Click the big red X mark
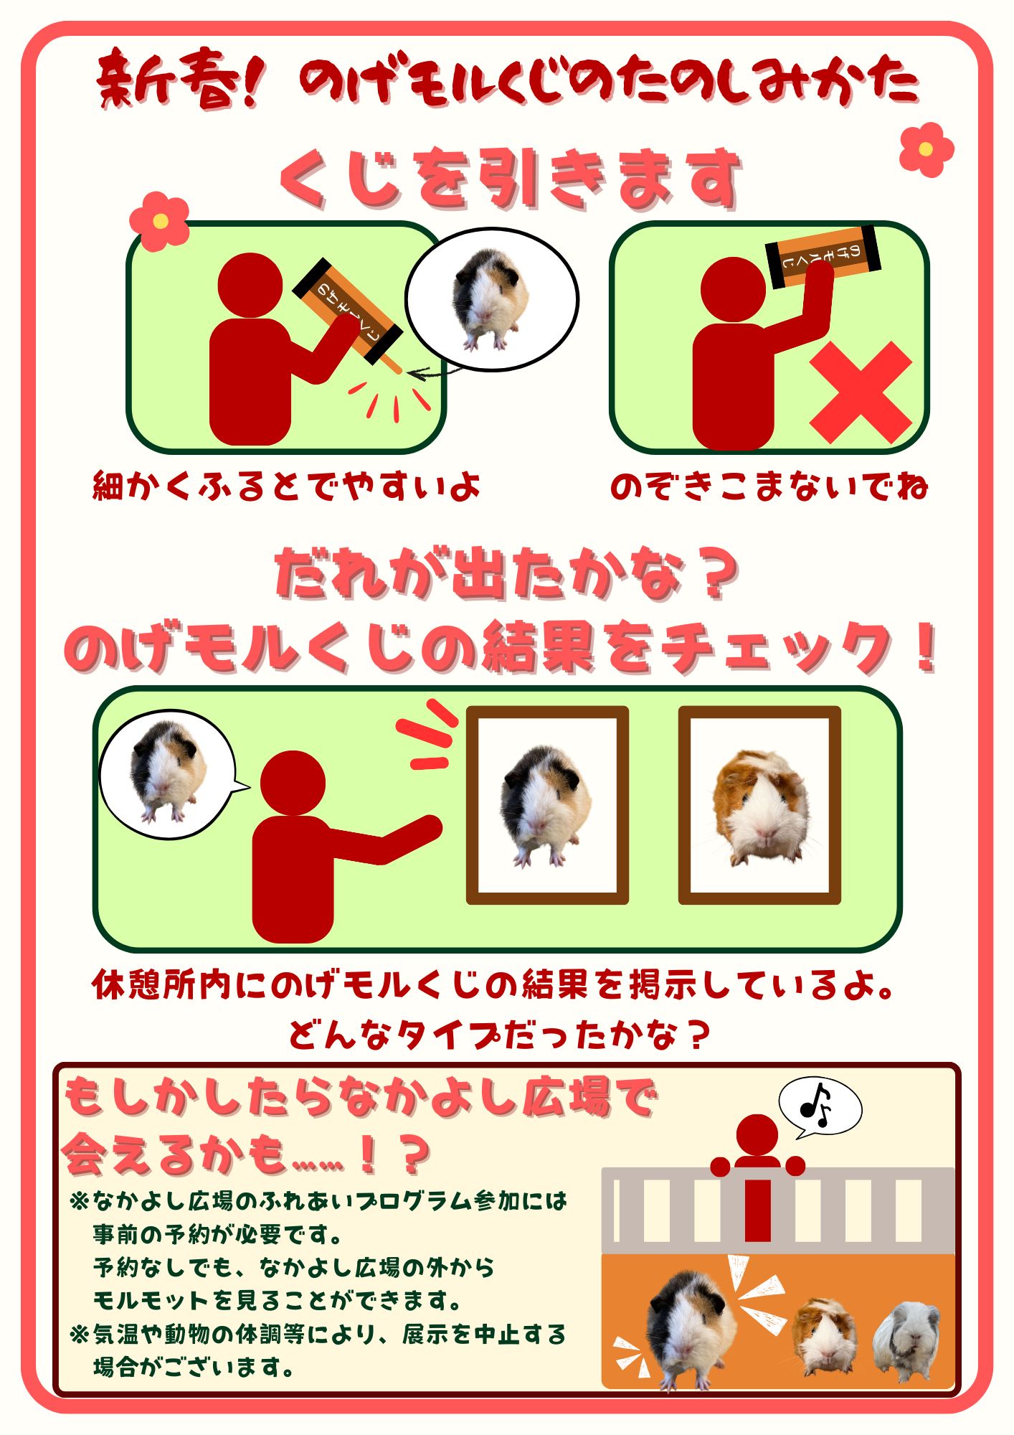tap(861, 392)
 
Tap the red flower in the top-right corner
tap(927, 150)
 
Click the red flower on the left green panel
tap(160, 221)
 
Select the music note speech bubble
tap(820, 1108)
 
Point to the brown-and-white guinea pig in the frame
tap(761, 807)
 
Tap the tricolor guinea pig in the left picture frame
tap(547, 806)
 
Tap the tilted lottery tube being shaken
tap(349, 314)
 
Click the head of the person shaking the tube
tap(250, 285)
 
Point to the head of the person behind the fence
tap(757, 1135)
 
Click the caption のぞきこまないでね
tap(769, 486)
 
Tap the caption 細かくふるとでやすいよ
tap(286, 486)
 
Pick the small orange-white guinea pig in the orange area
tap(825, 1335)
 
